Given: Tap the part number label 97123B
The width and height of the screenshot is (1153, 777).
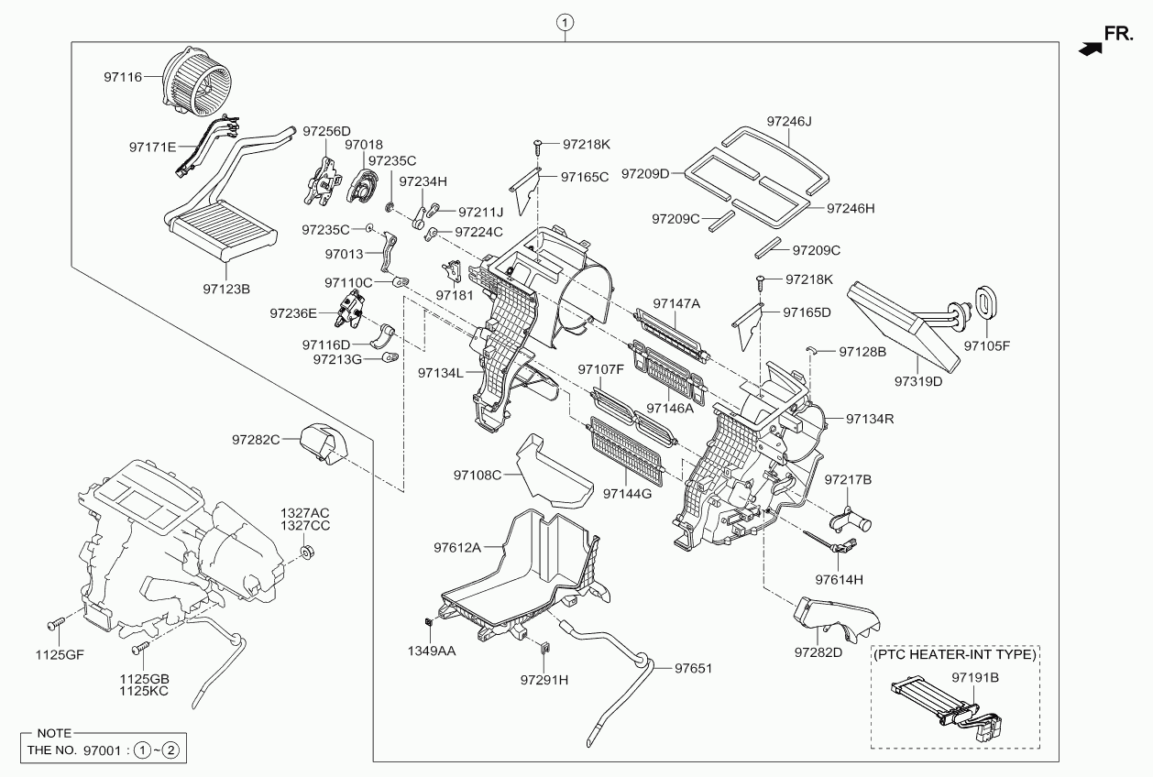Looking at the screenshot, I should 226,289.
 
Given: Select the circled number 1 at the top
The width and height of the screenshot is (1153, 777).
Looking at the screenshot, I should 566,21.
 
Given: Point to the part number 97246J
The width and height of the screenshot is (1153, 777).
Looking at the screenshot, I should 791,121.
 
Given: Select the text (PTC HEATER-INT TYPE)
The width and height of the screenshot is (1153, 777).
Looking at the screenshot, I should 954,655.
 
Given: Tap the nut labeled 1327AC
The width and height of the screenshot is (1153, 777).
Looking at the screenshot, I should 309,553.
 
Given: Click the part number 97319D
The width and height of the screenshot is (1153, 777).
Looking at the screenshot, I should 918,380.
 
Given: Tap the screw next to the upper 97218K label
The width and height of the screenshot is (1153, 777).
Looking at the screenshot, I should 537,144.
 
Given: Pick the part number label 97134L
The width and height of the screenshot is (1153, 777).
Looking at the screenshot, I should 441,373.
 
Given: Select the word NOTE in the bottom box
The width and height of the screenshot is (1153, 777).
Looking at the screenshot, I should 54,734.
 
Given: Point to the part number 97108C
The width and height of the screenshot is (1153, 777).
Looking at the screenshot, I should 478,475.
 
